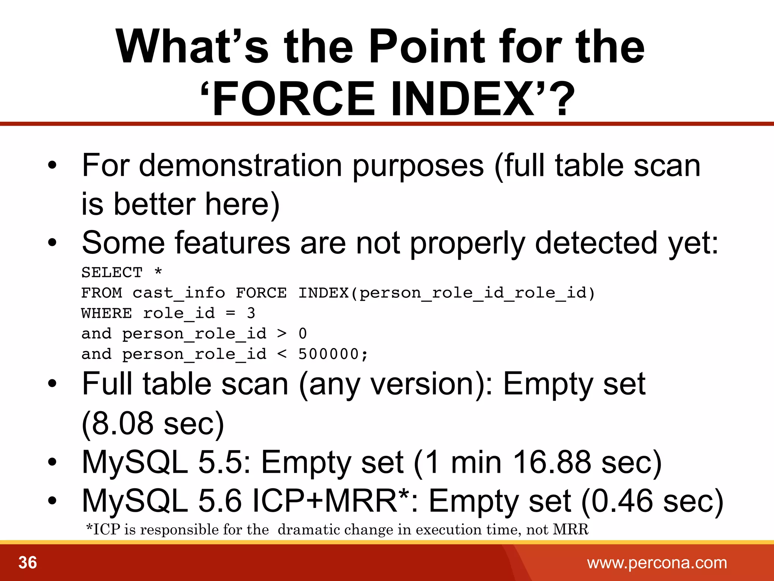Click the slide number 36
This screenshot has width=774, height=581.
28,562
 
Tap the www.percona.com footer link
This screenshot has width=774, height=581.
657,563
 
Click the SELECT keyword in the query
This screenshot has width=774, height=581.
112,272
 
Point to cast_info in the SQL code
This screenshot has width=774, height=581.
179,293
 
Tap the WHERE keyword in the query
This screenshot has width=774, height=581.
107,313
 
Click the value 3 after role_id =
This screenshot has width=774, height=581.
251,313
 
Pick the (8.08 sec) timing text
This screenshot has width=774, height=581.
153,424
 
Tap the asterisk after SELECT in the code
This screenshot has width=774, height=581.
158,272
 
